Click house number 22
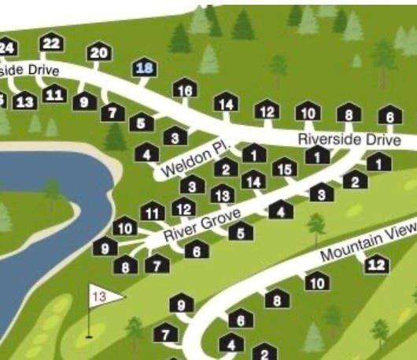pyautogui.click(x=51, y=43)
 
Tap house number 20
pyautogui.click(x=99, y=53)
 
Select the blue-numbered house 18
pyautogui.click(x=146, y=68)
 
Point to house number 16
pyautogui.click(x=185, y=90)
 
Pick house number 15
pyautogui.click(x=286, y=168)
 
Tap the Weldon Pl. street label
pyautogui.click(x=194, y=159)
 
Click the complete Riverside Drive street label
pyautogui.click(x=349, y=138)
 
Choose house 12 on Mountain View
pyautogui.click(x=378, y=264)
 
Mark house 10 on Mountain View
pyautogui.click(x=317, y=282)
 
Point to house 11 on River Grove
pyautogui.click(x=153, y=212)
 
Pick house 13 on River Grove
pyautogui.click(x=223, y=195)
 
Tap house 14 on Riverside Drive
pyautogui.click(x=226, y=104)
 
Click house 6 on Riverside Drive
pyautogui.click(x=387, y=117)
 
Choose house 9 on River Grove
pyautogui.click(x=105, y=248)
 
